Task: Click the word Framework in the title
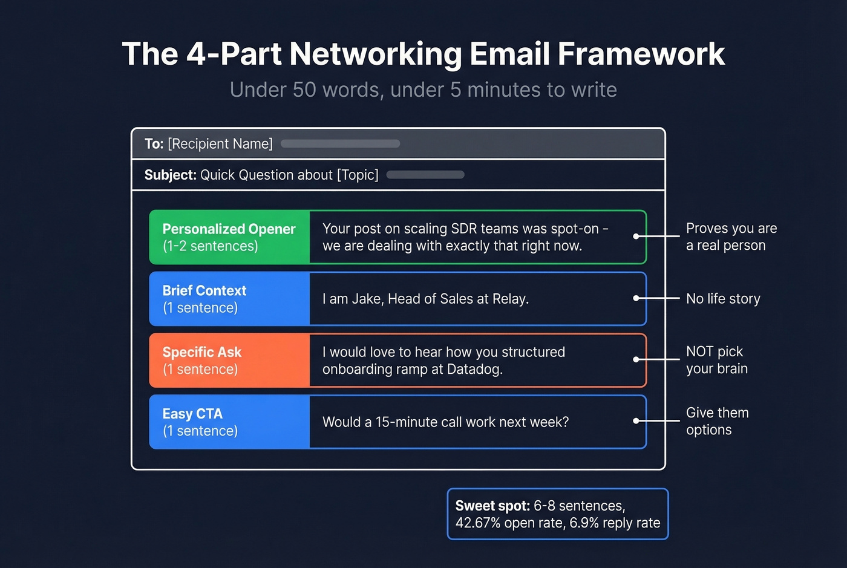[641, 54]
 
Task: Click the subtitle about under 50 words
[423, 90]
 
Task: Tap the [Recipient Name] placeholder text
[220, 144]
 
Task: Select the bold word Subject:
[170, 175]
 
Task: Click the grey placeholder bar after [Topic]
[425, 175]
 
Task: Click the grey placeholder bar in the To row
[340, 144]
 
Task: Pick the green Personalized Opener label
[229, 230]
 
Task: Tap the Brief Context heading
[204, 291]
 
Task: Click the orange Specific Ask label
[201, 353]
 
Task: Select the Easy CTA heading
[192, 414]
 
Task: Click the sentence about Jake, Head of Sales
[425, 299]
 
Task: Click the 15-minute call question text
[445, 422]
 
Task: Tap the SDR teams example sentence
[465, 237]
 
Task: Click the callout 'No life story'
[723, 299]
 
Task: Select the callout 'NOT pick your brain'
[716, 360]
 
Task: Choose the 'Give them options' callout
[717, 421]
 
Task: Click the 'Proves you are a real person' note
[731, 237]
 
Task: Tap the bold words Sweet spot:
[492, 506]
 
